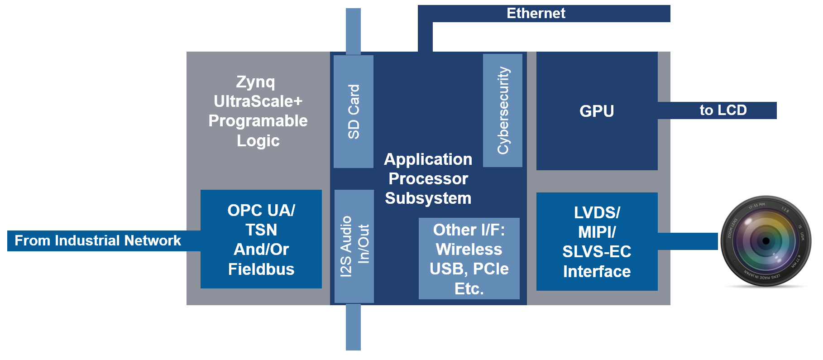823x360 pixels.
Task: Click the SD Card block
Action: point(353,111)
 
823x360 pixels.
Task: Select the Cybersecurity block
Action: point(502,110)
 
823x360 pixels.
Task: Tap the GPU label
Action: point(597,111)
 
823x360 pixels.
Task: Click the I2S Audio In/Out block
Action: point(354,246)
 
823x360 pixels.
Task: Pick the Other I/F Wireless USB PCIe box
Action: point(469,259)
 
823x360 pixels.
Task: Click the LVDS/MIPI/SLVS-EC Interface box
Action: point(597,241)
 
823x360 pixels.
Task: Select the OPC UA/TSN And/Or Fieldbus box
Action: point(261,239)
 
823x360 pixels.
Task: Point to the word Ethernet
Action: point(536,14)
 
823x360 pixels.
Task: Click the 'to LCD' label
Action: point(723,110)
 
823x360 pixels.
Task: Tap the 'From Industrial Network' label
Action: point(98,240)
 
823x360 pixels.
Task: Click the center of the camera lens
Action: point(766,241)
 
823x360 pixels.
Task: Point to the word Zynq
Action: point(256,82)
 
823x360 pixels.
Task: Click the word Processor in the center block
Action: point(428,179)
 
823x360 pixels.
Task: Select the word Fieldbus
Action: point(261,269)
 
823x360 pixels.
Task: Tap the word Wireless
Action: point(469,250)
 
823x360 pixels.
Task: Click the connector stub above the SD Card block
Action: point(353,31)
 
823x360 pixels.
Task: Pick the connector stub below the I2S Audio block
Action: point(353,327)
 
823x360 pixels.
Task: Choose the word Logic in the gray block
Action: point(258,141)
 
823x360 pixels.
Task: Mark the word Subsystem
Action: point(428,198)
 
